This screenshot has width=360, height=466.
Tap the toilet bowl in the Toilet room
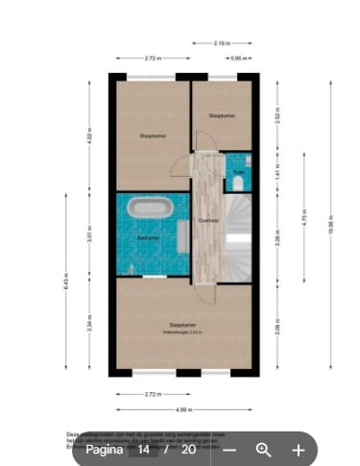(x=237, y=184)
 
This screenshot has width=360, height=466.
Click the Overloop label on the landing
(x=207, y=222)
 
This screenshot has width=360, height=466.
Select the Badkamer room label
(x=148, y=237)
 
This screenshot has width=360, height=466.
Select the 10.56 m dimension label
(x=329, y=227)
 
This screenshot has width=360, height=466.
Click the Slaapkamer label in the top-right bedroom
(x=222, y=115)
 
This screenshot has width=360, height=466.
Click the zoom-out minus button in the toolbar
(x=229, y=449)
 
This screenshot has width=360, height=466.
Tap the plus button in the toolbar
(x=299, y=449)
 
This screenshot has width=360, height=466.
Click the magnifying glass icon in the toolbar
(x=264, y=449)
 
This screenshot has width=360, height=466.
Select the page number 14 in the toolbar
(x=143, y=449)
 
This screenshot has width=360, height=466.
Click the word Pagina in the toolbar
(x=104, y=449)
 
